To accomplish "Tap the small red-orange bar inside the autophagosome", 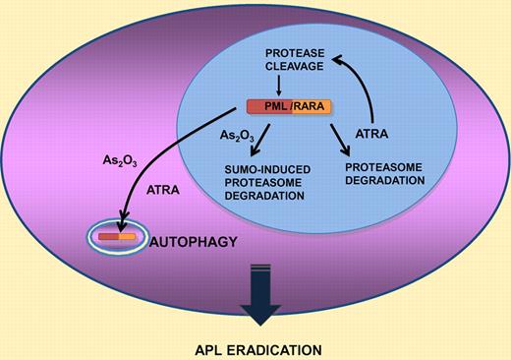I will pyautogui.click(x=116, y=237).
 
